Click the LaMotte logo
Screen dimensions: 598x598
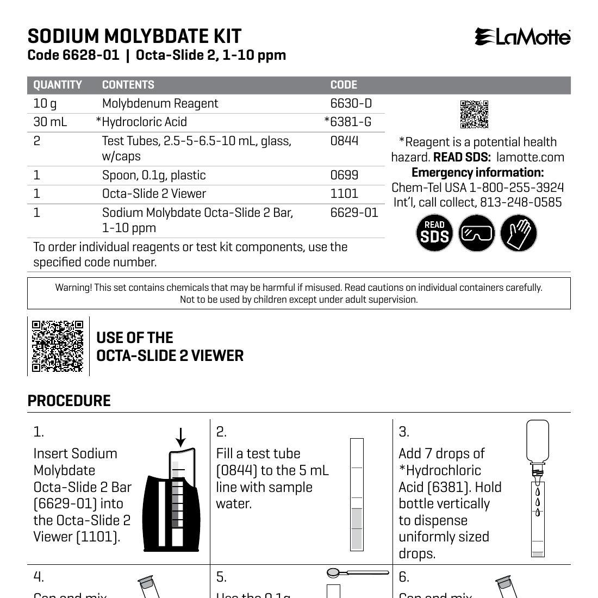click(x=522, y=37)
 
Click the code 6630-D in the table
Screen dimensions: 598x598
click(x=351, y=103)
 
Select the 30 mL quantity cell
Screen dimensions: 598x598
click(x=50, y=122)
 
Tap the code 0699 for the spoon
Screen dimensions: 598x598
click(x=344, y=175)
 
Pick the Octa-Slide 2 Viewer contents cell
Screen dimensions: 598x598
click(x=154, y=194)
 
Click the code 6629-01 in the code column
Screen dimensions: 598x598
click(x=354, y=213)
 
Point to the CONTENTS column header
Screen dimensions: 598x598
click(x=128, y=85)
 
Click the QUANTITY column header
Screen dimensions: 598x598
click(x=58, y=85)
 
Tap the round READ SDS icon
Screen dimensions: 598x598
click(x=434, y=233)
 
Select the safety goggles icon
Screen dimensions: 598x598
click(x=476, y=233)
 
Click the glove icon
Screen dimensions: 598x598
click(x=518, y=233)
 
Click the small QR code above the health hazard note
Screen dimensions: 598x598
click(x=474, y=114)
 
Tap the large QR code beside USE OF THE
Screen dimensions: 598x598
click(x=58, y=346)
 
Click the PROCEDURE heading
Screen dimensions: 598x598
click(x=69, y=401)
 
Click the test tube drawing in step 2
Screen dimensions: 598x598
click(x=357, y=494)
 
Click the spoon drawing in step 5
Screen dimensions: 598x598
click(x=358, y=572)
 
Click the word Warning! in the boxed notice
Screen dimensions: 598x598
click(x=73, y=288)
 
